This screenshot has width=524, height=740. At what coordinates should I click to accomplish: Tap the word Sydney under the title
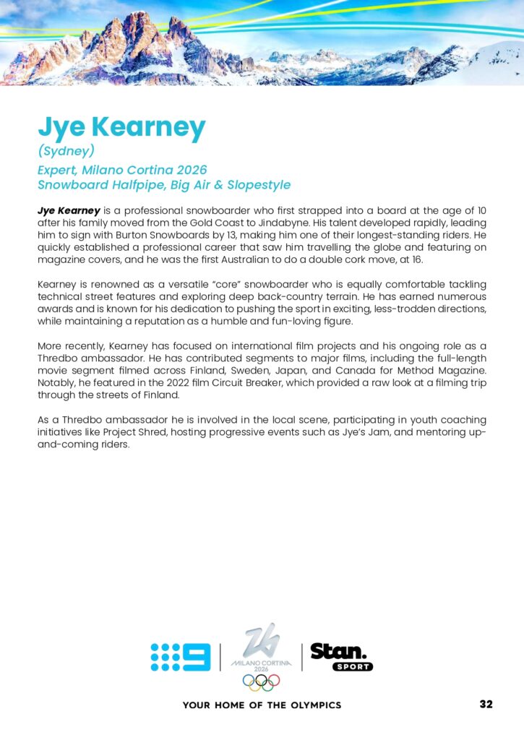(x=66, y=152)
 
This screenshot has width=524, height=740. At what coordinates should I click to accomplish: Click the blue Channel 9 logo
(x=181, y=657)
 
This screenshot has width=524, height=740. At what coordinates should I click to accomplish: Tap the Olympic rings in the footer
(x=261, y=681)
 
